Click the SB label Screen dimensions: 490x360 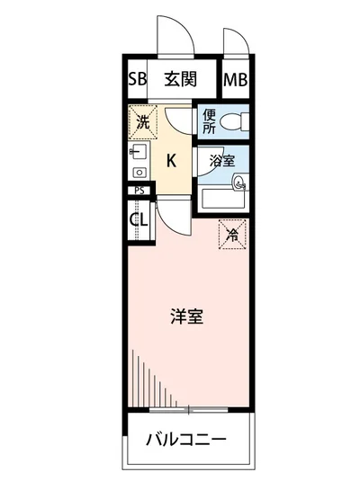137,78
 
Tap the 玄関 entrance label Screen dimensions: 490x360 180,78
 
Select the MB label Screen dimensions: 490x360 237,78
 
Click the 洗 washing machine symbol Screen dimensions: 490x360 142,121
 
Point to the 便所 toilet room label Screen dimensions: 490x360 209,121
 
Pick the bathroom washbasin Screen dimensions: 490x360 239,183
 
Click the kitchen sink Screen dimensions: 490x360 138,152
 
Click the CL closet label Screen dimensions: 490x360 138,219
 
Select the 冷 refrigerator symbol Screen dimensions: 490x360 231,236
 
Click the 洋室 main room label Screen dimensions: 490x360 186,316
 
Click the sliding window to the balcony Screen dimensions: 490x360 186,410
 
